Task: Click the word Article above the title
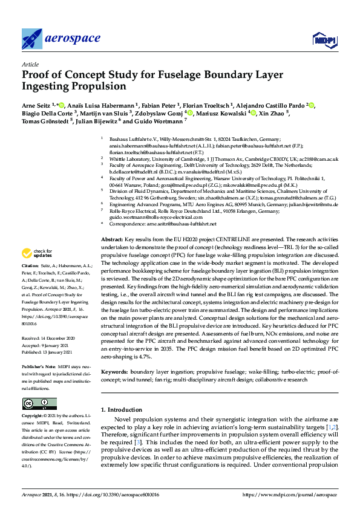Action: [x=30, y=63]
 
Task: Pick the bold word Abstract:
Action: [x=112, y=239]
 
